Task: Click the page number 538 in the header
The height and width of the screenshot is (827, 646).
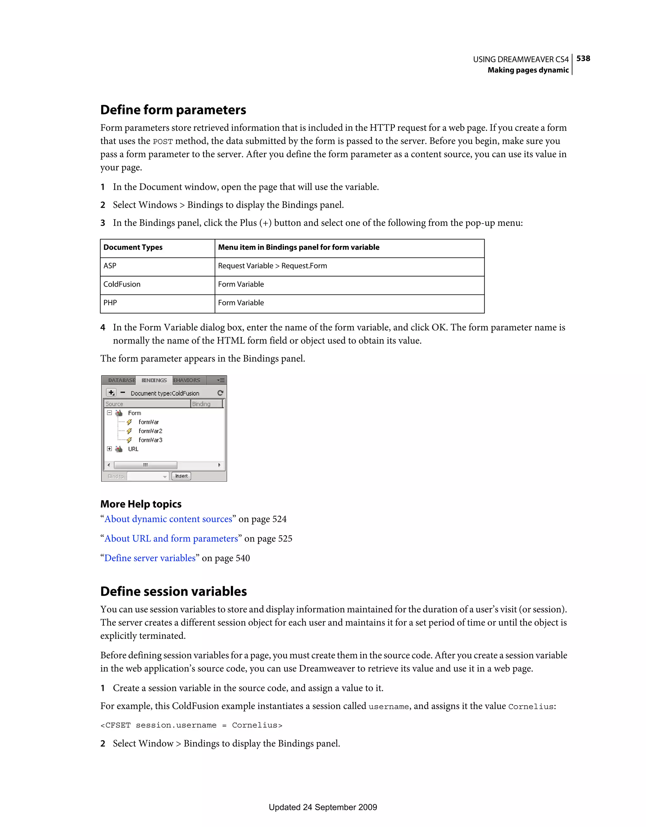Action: tap(583, 58)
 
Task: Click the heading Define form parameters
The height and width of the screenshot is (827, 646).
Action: tap(173, 110)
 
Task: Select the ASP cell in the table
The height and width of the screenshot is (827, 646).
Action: tap(110, 266)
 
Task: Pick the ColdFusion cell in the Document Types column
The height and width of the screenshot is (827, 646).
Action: tap(122, 284)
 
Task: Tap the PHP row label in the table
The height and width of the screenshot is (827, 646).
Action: tap(110, 303)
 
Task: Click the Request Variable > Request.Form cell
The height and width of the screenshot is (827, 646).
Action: tap(272, 266)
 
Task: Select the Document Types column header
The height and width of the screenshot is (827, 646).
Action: tap(133, 247)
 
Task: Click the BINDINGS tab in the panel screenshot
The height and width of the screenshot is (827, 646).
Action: tap(154, 380)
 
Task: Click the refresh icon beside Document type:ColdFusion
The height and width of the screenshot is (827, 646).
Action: tap(220, 393)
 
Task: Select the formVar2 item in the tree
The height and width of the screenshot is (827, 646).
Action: tap(150, 431)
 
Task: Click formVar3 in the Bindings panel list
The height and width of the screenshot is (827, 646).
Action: tap(150, 440)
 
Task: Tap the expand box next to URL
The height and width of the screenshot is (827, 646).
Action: tap(109, 449)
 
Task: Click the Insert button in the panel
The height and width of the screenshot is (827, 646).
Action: tap(181, 476)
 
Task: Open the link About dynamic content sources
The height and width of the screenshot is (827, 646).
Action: tap(168, 519)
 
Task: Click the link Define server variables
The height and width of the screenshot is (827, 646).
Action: tap(150, 558)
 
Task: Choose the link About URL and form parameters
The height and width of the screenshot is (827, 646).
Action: tap(171, 538)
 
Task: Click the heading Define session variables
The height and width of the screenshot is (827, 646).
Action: tap(173, 592)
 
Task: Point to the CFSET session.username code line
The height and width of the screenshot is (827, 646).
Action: tap(191, 725)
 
